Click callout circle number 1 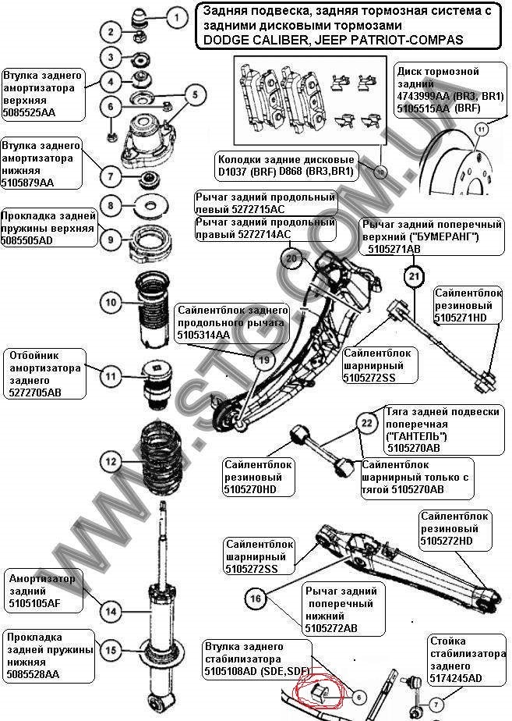click(176, 16)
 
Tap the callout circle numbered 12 click(111, 462)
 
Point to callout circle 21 click(413, 275)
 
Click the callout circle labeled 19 click(264, 360)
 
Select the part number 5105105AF click(36, 602)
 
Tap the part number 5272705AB click(35, 392)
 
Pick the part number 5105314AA click(203, 335)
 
